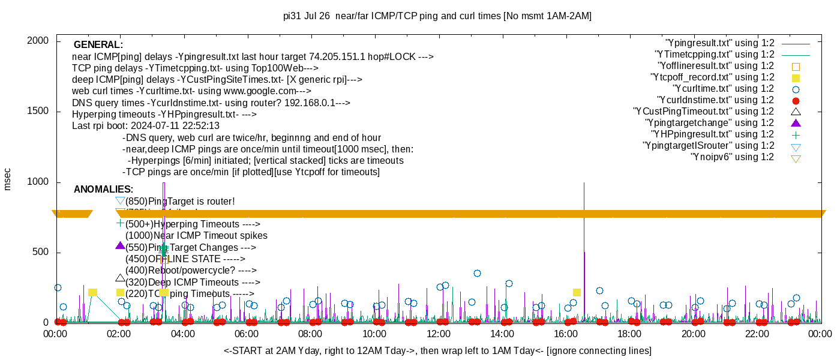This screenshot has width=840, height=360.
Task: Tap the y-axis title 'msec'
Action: point(8,179)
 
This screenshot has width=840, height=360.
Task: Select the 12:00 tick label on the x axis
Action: point(438,334)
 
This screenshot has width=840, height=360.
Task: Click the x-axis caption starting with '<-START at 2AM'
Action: point(437,350)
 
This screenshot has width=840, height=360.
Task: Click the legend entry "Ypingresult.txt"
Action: point(720,43)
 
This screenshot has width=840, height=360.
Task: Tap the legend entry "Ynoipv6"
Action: point(732,157)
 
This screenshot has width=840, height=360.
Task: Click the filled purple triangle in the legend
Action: point(796,123)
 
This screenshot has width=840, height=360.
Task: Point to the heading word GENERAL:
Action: point(98,45)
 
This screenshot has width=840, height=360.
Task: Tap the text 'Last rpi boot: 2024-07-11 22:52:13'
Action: point(146,126)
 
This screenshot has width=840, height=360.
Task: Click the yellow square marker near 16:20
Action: point(577,293)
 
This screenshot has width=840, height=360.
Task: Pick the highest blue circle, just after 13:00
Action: point(477,274)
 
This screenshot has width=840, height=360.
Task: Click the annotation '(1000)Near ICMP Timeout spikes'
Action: point(196,236)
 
